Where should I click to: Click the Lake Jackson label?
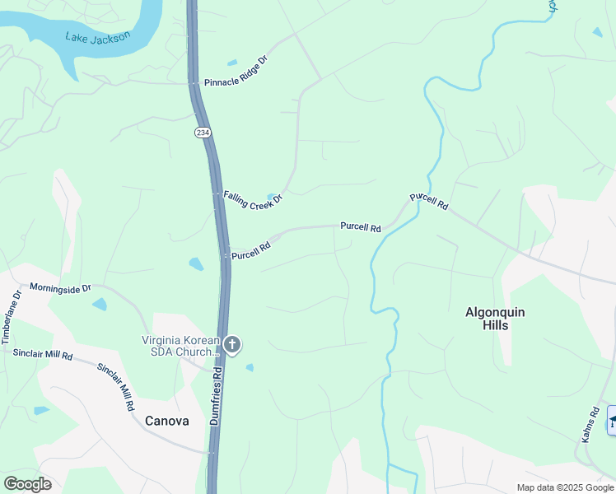click(x=97, y=37)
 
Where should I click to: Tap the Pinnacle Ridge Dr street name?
click(x=237, y=71)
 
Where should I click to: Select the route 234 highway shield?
click(x=202, y=132)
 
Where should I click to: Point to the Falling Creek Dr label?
click(x=253, y=198)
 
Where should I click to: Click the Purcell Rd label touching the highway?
click(x=251, y=249)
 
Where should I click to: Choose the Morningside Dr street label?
click(x=60, y=288)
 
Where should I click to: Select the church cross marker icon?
click(x=232, y=344)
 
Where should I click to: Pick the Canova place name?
click(x=166, y=421)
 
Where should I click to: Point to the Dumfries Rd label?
click(x=217, y=396)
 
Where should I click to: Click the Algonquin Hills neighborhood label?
click(x=495, y=319)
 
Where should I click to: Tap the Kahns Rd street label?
click(x=590, y=425)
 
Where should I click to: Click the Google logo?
click(x=27, y=484)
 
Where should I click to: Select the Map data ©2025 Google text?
click(x=565, y=487)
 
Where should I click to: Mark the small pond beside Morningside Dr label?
click(x=100, y=304)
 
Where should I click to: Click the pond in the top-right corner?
click(x=596, y=32)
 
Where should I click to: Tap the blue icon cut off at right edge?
click(x=611, y=420)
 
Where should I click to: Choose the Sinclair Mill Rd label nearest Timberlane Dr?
click(x=43, y=355)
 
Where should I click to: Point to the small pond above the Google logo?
click(x=41, y=410)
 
